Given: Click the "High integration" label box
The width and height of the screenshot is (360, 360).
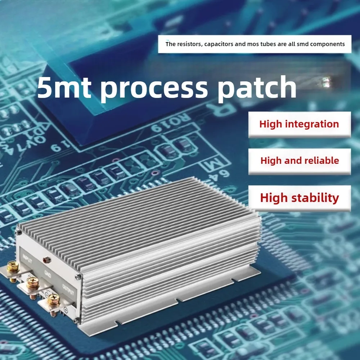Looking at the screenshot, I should point(299,124).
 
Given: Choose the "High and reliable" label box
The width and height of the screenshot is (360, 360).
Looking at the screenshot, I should point(300,161).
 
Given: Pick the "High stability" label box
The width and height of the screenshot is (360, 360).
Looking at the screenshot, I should point(300,198).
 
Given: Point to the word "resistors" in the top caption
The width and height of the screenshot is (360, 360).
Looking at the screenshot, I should point(189,44).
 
